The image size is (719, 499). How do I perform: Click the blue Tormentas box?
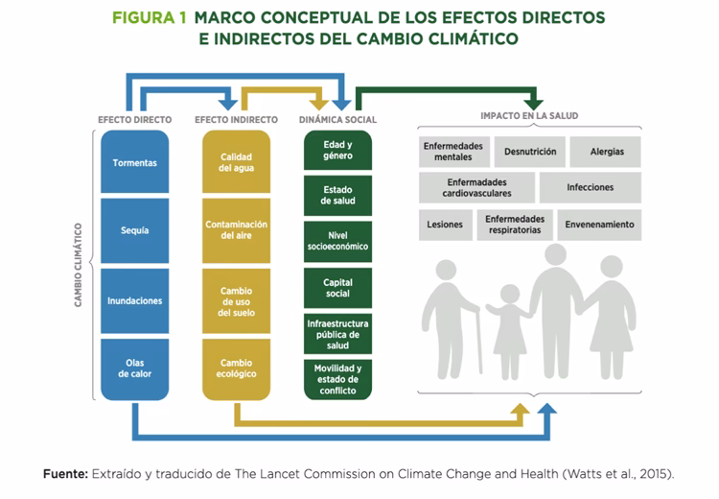tap(135, 162)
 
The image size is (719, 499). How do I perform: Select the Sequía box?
tap(135, 230)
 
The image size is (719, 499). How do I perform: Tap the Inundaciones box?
tap(135, 300)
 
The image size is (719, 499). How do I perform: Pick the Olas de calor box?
tap(135, 368)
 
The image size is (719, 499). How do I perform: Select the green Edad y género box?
tap(337, 151)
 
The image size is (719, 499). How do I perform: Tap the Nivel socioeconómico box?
tap(337, 240)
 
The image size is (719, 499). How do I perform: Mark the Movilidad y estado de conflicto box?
tap(337, 379)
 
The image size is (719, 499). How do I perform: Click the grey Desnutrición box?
tap(529, 152)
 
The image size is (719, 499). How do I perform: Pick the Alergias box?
tap(607, 152)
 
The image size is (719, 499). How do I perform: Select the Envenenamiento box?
tap(600, 225)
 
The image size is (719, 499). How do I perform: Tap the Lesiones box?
tap(445, 225)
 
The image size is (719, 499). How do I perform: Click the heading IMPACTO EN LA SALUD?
tap(529, 116)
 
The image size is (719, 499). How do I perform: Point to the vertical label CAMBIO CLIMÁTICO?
tap(79, 266)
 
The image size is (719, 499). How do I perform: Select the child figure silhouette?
tap(508, 331)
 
